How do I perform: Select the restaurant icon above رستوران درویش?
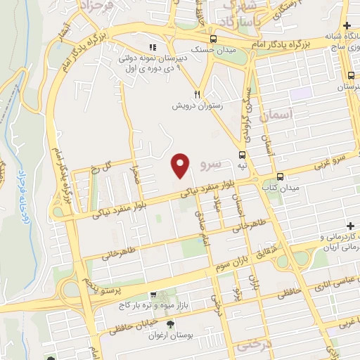tap(199, 94)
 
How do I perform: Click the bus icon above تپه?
tap(242, 155)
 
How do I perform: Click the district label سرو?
tap(210, 165)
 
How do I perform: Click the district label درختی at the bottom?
tap(254, 346)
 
